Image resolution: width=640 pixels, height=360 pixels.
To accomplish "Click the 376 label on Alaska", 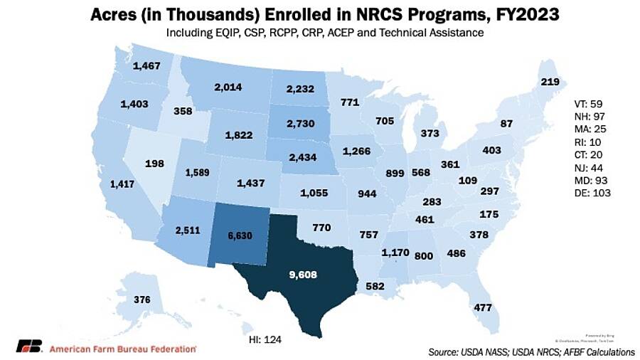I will pos(142,300).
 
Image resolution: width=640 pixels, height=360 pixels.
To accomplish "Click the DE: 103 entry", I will pos(594,193).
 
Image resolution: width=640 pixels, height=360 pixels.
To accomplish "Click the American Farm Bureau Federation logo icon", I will pos(28,347).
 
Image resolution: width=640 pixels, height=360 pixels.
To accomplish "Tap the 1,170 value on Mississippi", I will pos(396,251).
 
